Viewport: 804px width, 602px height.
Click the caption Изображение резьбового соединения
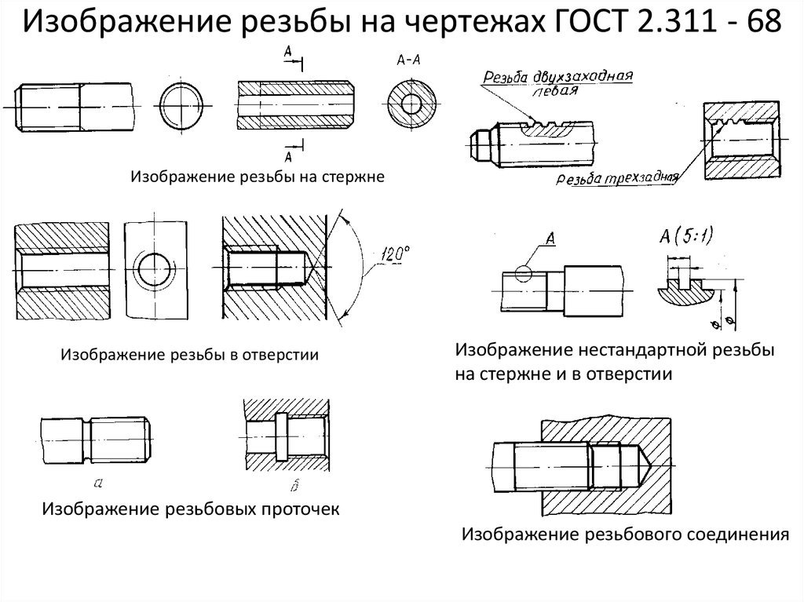tap(624, 535)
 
